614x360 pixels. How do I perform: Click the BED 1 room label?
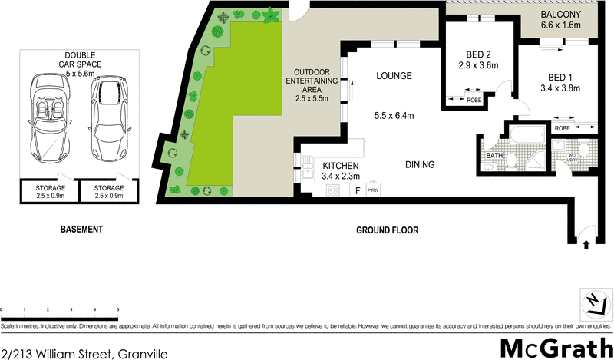point(560,78)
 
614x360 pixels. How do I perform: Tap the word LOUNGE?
point(394,76)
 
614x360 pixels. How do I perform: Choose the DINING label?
point(421,164)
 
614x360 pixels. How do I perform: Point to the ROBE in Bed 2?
point(474,100)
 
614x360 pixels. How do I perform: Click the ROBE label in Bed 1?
point(563,128)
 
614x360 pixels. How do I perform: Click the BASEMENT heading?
point(81,230)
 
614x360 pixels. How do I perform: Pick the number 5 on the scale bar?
point(117,309)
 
